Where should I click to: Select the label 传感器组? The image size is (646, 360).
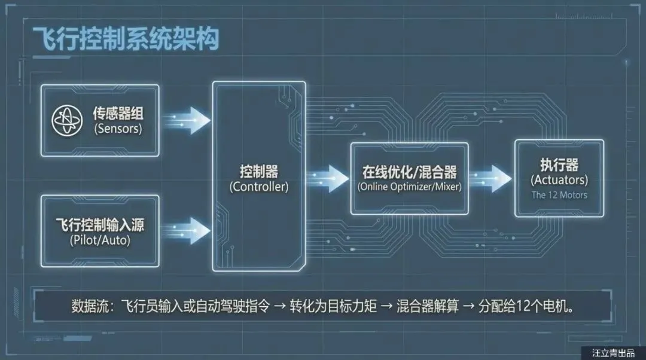(117, 112)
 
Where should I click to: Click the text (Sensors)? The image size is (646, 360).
(117, 128)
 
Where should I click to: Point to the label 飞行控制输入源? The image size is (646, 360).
(100, 226)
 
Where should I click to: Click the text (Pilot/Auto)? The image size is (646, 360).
(100, 241)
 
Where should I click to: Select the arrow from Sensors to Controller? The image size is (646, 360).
(188, 120)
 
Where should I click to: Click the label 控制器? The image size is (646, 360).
(258, 172)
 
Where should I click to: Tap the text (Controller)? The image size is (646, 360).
(258, 187)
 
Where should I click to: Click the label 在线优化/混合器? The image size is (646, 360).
(409, 172)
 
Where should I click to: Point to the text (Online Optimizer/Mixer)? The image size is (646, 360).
(409, 187)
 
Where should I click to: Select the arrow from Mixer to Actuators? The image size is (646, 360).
(490, 178)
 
